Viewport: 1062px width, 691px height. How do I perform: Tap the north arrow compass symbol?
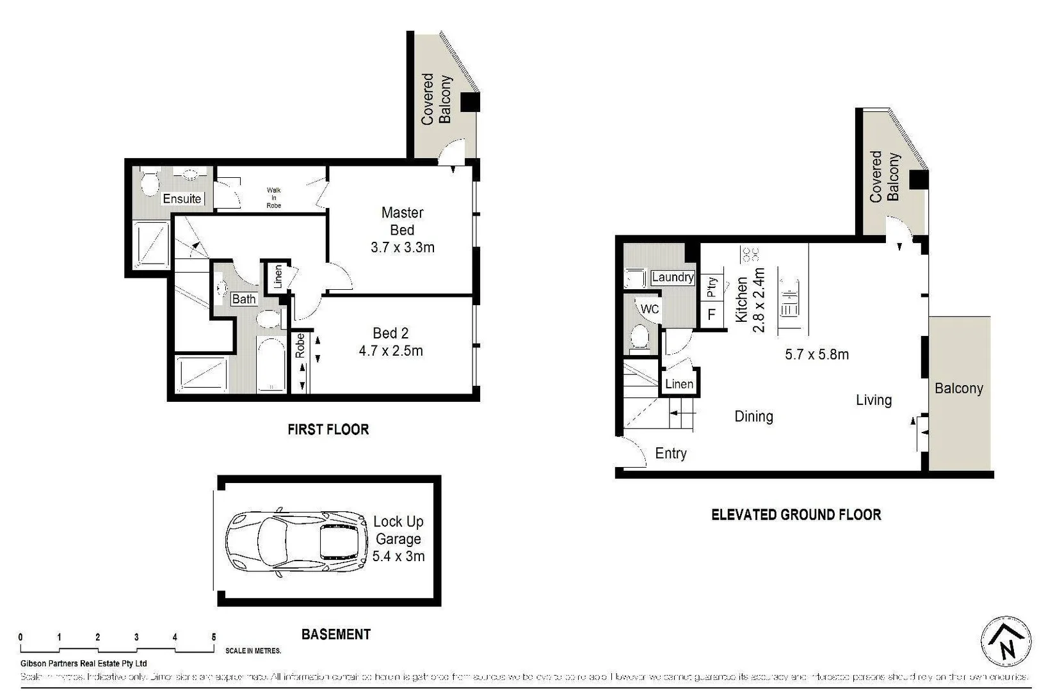coord(1006,642)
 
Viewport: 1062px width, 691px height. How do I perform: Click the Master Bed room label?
coord(402,221)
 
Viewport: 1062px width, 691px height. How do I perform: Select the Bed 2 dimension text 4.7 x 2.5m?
coord(390,351)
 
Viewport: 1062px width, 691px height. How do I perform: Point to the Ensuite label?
coord(182,199)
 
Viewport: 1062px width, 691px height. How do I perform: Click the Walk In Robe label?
coord(273,198)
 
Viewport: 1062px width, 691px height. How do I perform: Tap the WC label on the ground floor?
coord(650,309)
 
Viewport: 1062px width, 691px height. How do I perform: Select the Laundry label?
coord(672,277)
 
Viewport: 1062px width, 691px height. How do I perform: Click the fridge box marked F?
coord(711,315)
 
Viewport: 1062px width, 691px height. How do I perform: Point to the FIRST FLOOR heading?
coord(328,429)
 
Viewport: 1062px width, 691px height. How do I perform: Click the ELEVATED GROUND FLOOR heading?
coord(796,514)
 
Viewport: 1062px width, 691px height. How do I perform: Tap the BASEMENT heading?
coord(335,634)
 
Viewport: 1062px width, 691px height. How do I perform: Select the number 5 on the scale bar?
coord(213,637)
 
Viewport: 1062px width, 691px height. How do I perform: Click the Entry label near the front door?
coord(670,454)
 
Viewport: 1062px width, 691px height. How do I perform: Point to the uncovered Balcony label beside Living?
coord(958,388)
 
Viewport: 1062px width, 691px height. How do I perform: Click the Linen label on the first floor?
coord(278,276)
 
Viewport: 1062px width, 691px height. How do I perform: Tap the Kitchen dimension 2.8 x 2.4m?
coord(759,299)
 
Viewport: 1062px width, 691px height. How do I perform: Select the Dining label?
coord(753,417)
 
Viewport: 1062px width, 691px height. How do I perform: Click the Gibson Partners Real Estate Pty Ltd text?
coord(83,663)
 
